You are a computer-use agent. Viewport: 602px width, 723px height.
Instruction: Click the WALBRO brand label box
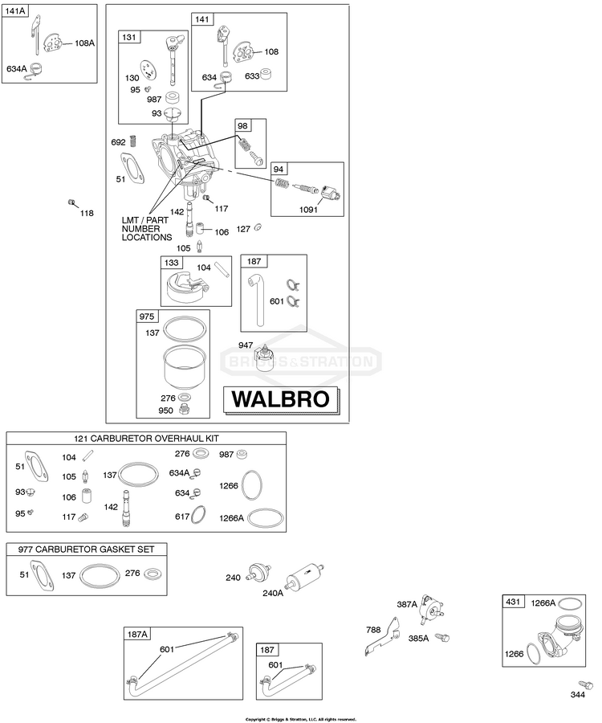coord(281,399)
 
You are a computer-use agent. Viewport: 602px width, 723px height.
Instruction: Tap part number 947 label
coord(246,345)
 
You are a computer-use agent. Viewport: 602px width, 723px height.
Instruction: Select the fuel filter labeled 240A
coord(305,575)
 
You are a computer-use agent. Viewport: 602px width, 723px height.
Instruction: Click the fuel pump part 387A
coord(431,609)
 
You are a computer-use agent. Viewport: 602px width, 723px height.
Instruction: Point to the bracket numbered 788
coord(383,636)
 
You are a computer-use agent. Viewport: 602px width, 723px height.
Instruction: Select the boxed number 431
coord(513,602)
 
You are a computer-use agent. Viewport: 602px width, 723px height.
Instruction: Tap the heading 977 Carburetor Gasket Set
coord(86,549)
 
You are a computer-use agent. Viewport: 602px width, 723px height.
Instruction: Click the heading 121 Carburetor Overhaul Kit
coord(146,438)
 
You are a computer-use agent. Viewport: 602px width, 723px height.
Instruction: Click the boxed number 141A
coord(14,10)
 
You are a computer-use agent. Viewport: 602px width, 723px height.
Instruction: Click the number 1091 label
coord(308,210)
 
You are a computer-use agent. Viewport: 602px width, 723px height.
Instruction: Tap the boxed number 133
coord(171,263)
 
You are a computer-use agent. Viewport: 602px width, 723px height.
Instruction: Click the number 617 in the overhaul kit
coord(182,517)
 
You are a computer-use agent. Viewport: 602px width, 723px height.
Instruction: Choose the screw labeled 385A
coord(442,637)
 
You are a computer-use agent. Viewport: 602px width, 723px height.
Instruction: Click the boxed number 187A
coord(137,634)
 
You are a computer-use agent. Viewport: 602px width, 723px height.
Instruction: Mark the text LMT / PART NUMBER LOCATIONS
coord(147,229)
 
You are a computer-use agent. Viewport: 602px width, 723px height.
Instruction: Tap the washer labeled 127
coord(258,227)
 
